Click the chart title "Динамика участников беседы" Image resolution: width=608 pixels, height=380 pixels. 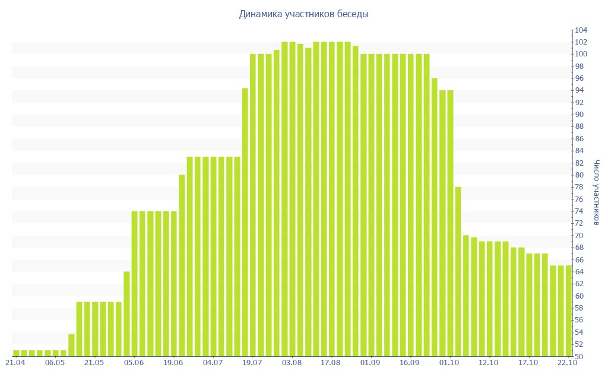coord(303,14)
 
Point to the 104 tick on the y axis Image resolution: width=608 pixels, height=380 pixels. coord(580,30)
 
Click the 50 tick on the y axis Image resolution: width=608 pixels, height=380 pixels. coord(580,356)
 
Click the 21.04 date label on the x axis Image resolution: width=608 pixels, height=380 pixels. coord(15,362)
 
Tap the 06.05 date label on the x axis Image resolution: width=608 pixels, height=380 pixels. coord(55,362)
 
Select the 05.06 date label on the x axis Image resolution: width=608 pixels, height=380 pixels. coord(134,362)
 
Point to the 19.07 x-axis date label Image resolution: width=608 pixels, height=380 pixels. coord(252,362)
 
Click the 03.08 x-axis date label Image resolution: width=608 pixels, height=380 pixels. coord(292,362)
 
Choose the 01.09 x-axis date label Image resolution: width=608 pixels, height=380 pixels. coord(370,362)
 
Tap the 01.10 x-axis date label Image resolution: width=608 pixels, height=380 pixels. coord(449,362)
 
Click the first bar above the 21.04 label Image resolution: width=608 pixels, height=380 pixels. coord(16,353)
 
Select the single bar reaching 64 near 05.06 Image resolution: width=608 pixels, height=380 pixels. coord(126,314)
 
